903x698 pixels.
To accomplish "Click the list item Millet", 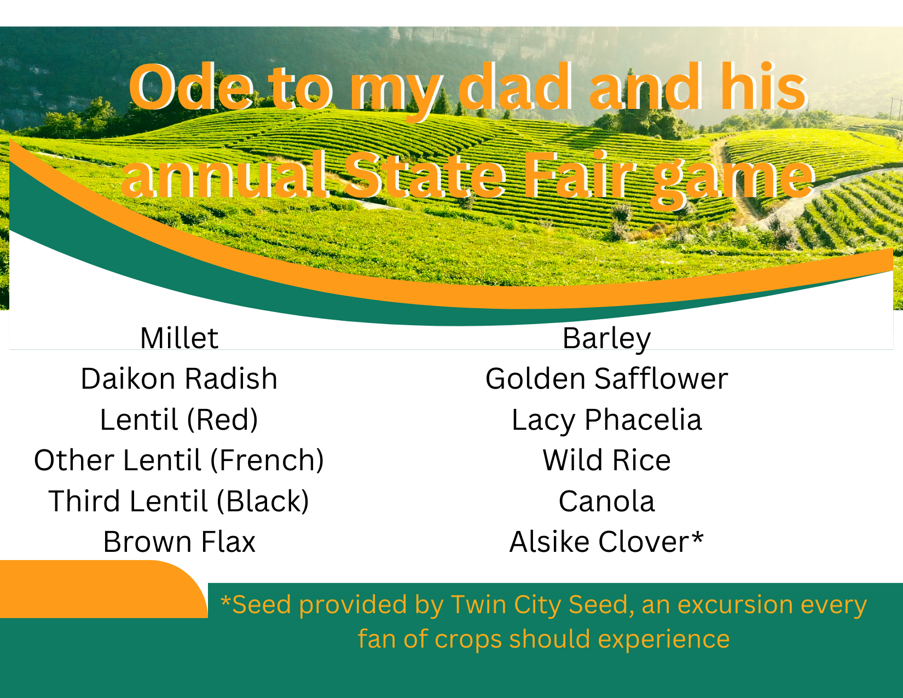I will (179, 338).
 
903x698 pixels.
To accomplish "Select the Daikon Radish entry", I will (179, 379).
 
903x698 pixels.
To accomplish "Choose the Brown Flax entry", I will (179, 542).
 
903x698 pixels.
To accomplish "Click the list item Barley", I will (606, 338).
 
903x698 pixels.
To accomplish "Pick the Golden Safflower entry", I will (606, 379).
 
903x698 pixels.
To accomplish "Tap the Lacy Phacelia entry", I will (606, 420).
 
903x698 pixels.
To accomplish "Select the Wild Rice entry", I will (606, 460).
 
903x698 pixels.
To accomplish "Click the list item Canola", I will (606, 501).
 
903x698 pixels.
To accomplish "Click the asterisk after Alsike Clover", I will (697, 538).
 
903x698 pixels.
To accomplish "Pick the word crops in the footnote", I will (468, 639).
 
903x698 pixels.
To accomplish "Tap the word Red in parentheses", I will (222, 420).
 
